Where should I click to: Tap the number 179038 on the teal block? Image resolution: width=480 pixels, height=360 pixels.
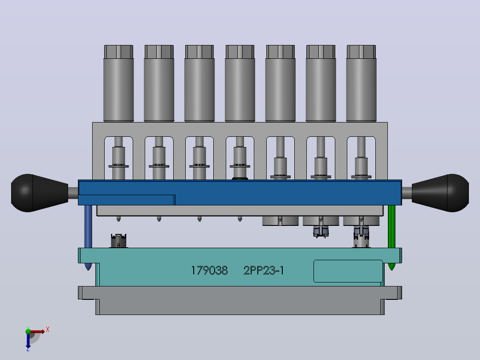[x=209, y=270]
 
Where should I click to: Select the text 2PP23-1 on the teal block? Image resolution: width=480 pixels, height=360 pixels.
[x=264, y=270]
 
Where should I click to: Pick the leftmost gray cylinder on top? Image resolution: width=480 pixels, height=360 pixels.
[x=118, y=83]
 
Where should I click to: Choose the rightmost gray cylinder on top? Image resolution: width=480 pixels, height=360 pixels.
[x=361, y=83]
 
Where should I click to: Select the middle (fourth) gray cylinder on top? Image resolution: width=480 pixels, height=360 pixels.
[x=240, y=83]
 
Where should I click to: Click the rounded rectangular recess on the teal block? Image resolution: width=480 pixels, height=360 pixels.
[x=348, y=271]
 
